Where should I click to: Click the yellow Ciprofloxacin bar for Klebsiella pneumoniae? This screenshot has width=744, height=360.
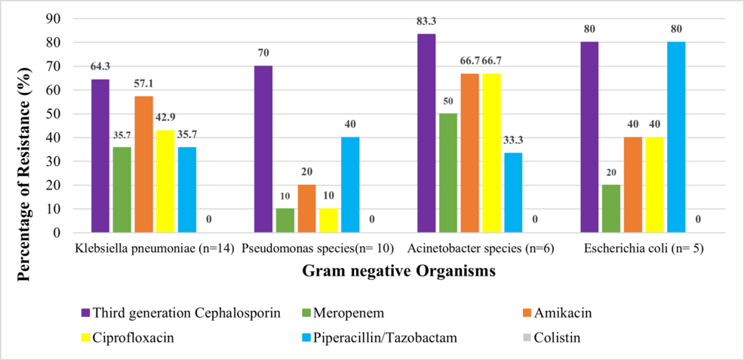[x=166, y=182]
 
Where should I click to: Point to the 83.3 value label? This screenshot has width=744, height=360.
[x=426, y=20]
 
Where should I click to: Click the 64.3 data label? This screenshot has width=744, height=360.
[x=100, y=66]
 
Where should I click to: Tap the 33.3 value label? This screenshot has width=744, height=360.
[x=513, y=139]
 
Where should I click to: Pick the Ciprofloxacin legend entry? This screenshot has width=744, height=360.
[x=132, y=337]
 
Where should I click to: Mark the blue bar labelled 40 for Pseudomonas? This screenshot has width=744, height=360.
[x=350, y=186]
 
